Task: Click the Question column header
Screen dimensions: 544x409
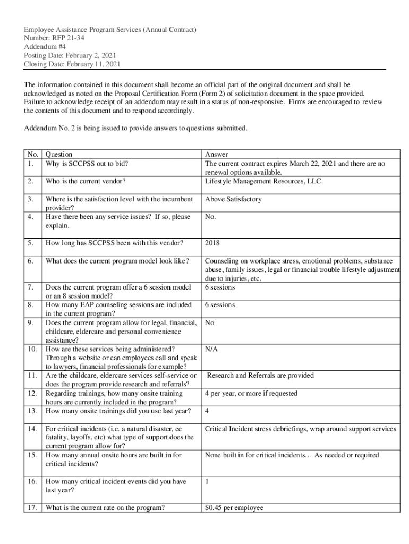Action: click(59, 155)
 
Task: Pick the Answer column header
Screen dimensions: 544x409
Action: click(216, 155)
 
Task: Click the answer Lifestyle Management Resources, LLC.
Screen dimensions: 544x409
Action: click(263, 181)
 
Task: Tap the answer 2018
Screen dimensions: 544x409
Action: click(212, 243)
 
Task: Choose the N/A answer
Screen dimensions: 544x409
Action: click(211, 349)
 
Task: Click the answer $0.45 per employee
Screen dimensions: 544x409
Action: click(234, 507)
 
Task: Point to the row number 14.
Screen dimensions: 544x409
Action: click(32, 429)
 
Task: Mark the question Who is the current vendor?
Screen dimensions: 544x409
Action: click(86, 181)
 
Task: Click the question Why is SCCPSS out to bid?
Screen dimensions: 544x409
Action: click(87, 164)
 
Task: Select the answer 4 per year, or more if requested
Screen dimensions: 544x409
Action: click(251, 394)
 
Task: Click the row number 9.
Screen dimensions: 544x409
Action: click(31, 322)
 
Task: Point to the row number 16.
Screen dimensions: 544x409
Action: click(32, 481)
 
